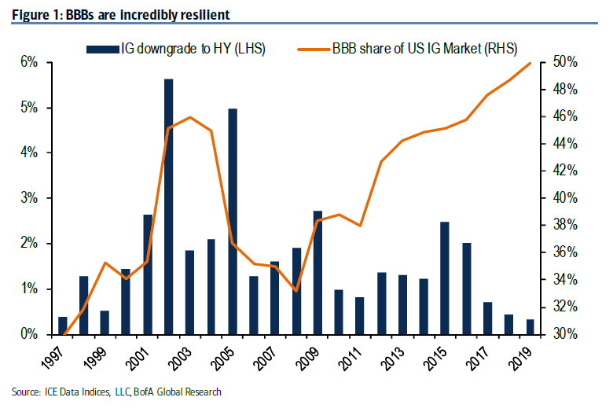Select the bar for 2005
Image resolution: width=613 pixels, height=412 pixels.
coord(233,221)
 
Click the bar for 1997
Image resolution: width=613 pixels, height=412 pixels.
coord(63,325)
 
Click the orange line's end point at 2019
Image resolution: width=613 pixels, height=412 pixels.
coord(530,63)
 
